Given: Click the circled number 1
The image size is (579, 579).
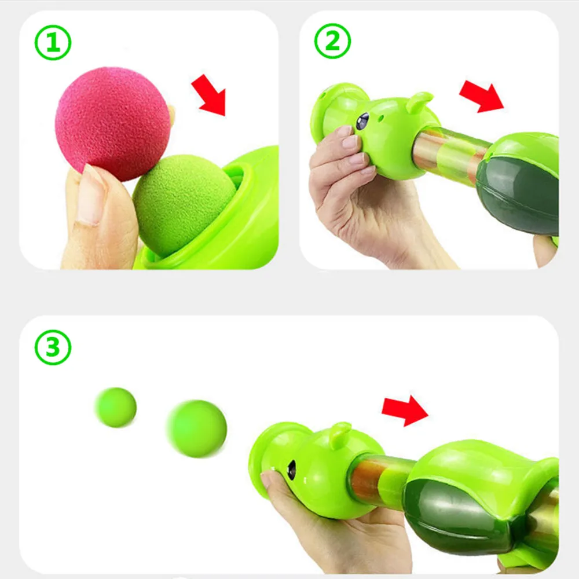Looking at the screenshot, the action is tap(53, 42).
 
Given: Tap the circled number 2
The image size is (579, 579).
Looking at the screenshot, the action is tap(332, 41).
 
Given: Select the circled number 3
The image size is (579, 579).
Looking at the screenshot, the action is tap(53, 347).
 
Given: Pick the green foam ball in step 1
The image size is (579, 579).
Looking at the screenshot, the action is tap(184, 205).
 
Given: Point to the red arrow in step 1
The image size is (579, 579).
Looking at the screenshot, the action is tap(209, 95).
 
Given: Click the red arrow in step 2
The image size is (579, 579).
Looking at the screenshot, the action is tap(481, 96).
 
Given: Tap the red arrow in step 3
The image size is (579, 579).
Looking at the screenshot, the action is tap(405, 411).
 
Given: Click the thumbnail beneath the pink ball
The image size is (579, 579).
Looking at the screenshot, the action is tap(89, 196).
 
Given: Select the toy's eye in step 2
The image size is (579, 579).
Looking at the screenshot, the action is tap(362, 121).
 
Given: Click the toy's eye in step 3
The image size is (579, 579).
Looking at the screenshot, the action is tap(292, 470).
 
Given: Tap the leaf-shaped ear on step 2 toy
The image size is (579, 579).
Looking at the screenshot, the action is tap(419, 101).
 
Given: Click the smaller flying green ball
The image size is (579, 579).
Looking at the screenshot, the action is tap(116, 407).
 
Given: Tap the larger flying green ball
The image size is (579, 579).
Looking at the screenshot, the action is tap(197, 428).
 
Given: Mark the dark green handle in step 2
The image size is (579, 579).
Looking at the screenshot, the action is tap(518, 196).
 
